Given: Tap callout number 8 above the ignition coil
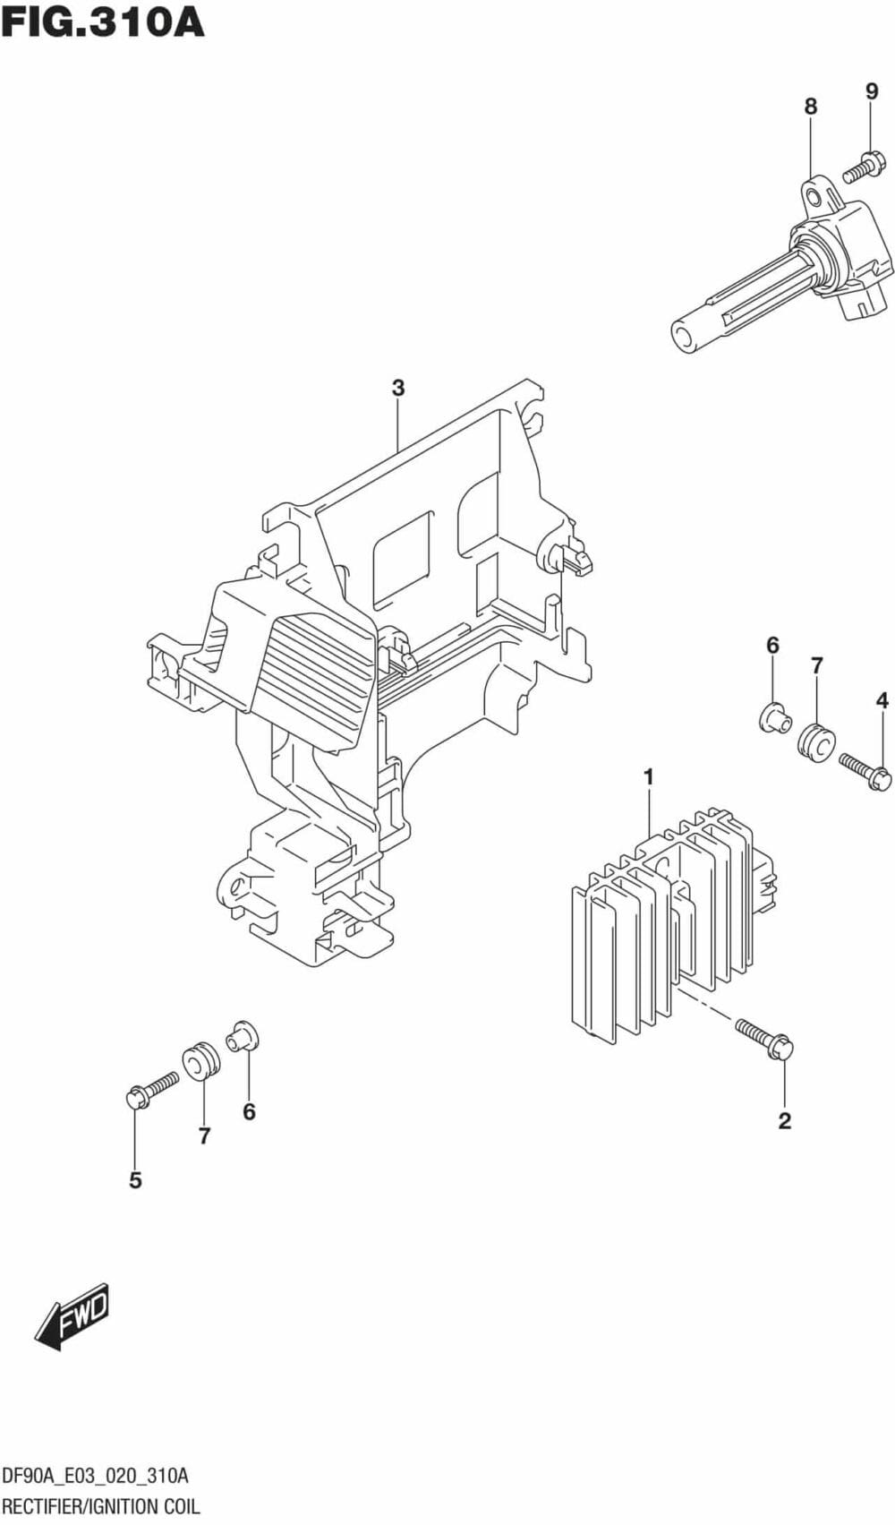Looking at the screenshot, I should pos(810,107).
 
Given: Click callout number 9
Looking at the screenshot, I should pos(872,90).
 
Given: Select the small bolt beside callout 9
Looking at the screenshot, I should pos(865,167).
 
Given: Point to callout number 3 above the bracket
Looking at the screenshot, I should pos(398,388).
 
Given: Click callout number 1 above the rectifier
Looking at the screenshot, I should pos(649,776).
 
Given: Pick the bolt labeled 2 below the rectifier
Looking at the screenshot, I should pos(765,1040).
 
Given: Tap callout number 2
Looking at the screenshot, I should pos(785,1120).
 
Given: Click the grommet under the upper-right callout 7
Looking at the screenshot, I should pos(816,743).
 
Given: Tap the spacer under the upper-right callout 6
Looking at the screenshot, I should pos(772,717).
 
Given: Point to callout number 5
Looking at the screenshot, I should pos(135,1180).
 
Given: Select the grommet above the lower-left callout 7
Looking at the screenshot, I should pos(201,1059).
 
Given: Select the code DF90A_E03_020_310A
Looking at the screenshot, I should pos(96,1476).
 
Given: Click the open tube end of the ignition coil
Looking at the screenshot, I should pos(685,338).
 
